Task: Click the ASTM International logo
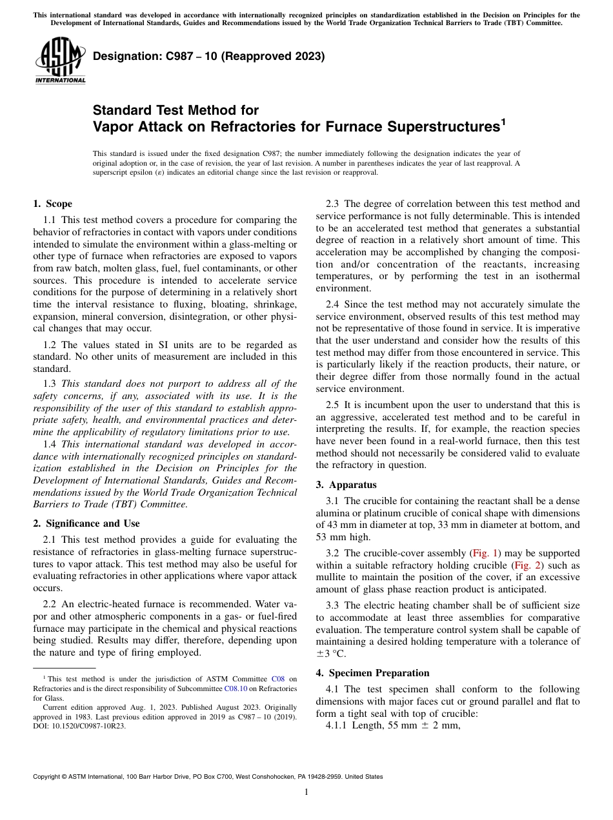[60, 61]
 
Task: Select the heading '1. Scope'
[52, 204]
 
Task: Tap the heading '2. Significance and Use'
[86, 523]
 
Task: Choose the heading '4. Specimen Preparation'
[372, 673]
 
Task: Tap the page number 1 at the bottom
[306, 792]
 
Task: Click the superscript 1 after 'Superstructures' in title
[503, 122]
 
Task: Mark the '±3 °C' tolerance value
[331, 654]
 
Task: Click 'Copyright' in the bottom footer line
[49, 777]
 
